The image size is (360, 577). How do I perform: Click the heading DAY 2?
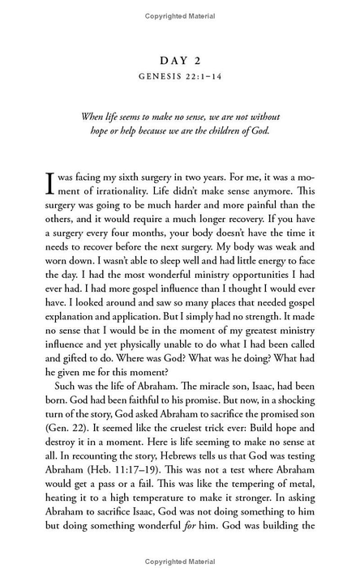pyautogui.click(x=179, y=61)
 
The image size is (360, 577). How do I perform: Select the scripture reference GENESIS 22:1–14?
pyautogui.click(x=179, y=79)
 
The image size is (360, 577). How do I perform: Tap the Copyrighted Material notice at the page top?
pyautogui.click(x=179, y=15)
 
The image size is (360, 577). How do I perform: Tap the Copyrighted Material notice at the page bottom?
pyautogui.click(x=179, y=561)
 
